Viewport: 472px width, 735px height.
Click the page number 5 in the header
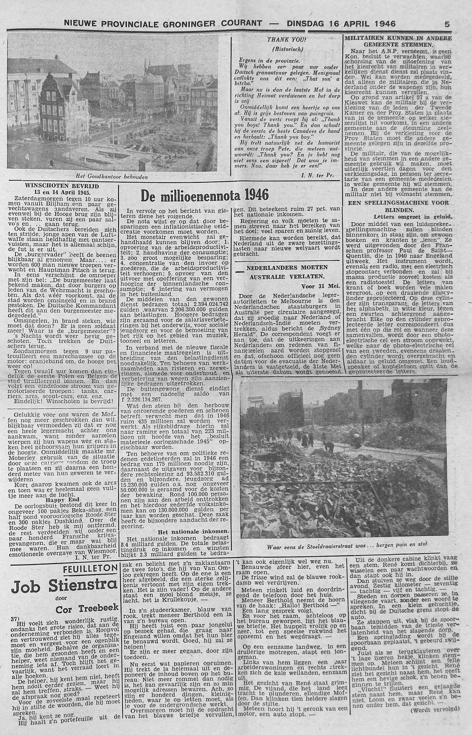(x=447, y=24)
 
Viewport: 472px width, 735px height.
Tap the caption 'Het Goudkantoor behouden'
(x=112, y=177)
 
